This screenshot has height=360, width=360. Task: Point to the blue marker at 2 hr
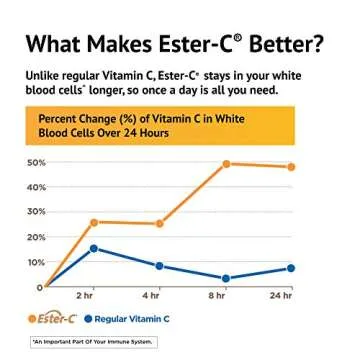click(93, 247)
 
